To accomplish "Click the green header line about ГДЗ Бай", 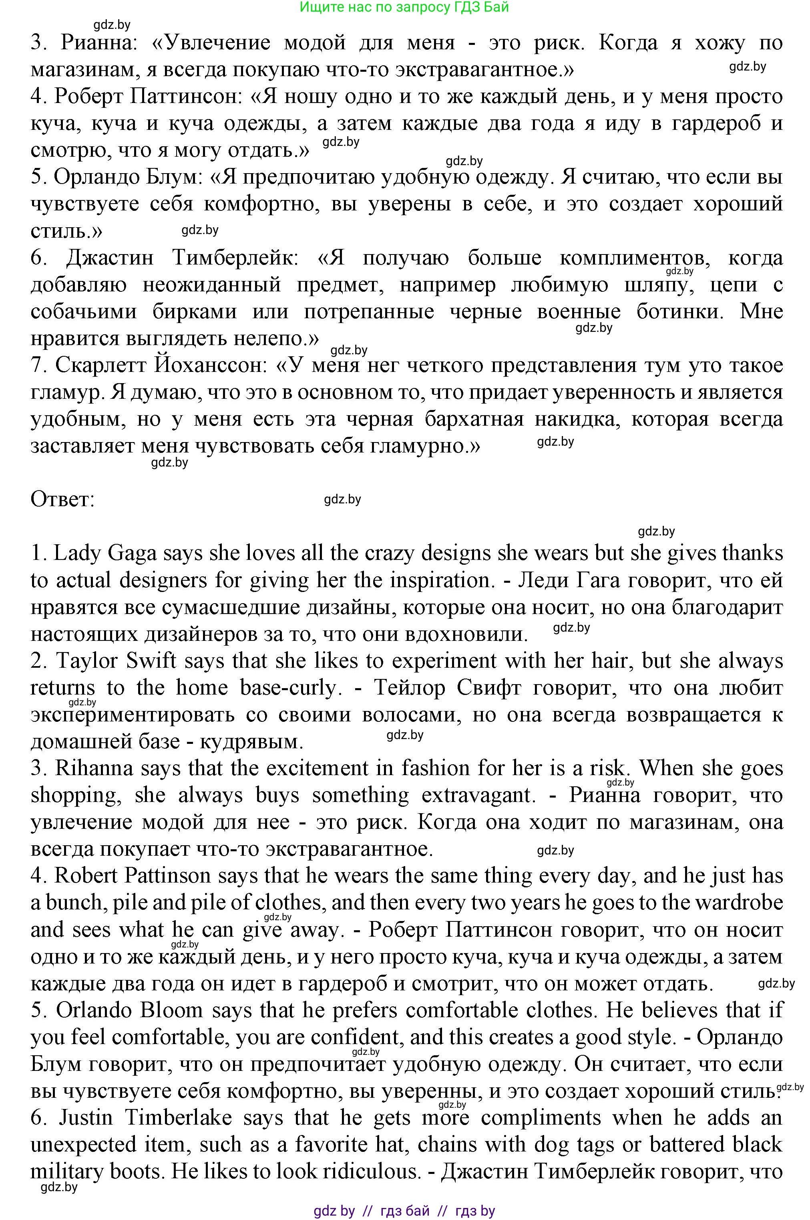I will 404,7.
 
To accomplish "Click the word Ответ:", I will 62,499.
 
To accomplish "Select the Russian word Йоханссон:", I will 209,366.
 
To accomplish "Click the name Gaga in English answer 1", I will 132,553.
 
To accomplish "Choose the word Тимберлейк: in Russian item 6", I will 235,258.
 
